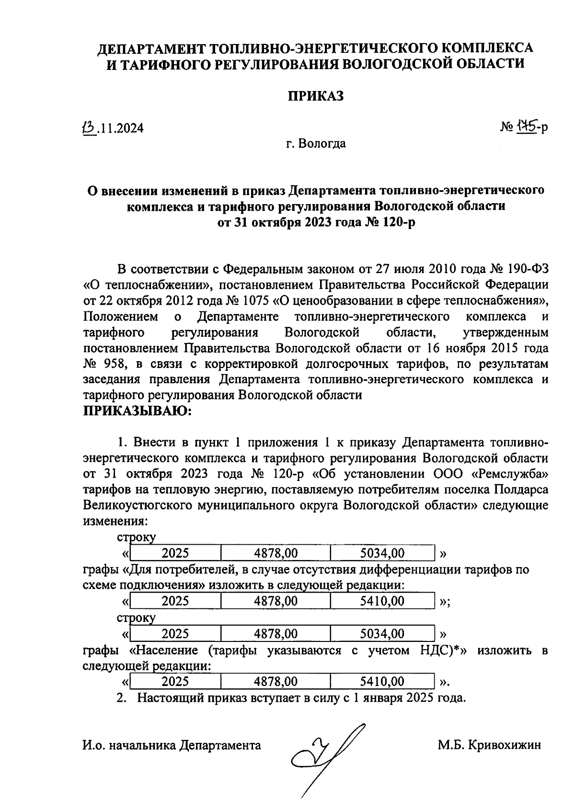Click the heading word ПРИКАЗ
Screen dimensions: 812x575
coord(316,96)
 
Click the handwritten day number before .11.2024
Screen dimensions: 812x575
coord(88,127)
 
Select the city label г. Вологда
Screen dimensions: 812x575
coord(315,144)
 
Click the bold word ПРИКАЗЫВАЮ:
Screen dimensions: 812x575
coord(138,411)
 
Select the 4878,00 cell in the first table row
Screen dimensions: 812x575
coord(276,554)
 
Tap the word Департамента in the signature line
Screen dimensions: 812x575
coord(220,745)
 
